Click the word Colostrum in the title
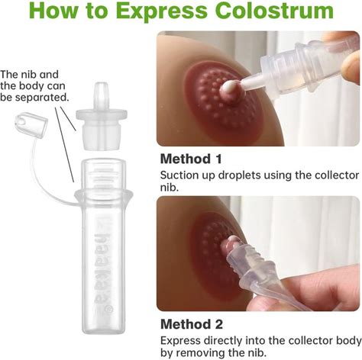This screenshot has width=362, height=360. click(274, 11)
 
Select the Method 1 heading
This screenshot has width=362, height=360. click(191, 159)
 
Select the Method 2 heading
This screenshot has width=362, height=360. click(192, 324)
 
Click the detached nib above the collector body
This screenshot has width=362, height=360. click(102, 116)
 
